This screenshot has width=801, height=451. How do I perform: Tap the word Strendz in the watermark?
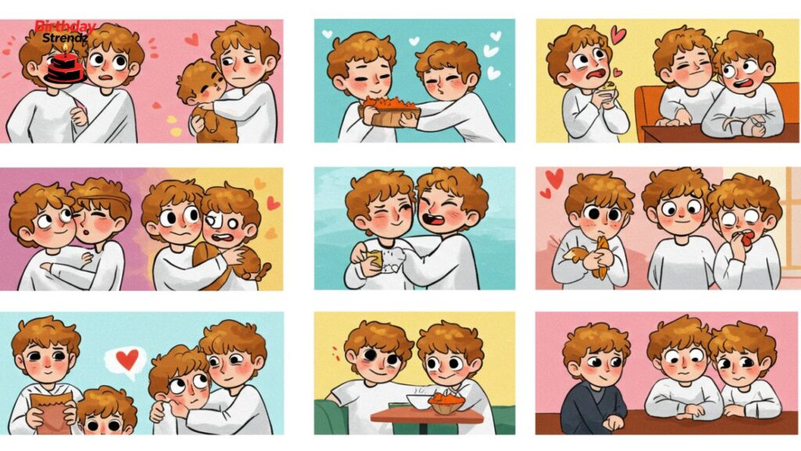pos(65,38)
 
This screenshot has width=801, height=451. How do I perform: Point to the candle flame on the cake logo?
pos(66,48)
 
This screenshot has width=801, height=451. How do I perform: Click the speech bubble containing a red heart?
pos(126,361)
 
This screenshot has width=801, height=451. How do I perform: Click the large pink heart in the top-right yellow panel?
pos(619,35)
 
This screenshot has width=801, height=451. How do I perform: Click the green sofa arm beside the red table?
pos(330,417)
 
